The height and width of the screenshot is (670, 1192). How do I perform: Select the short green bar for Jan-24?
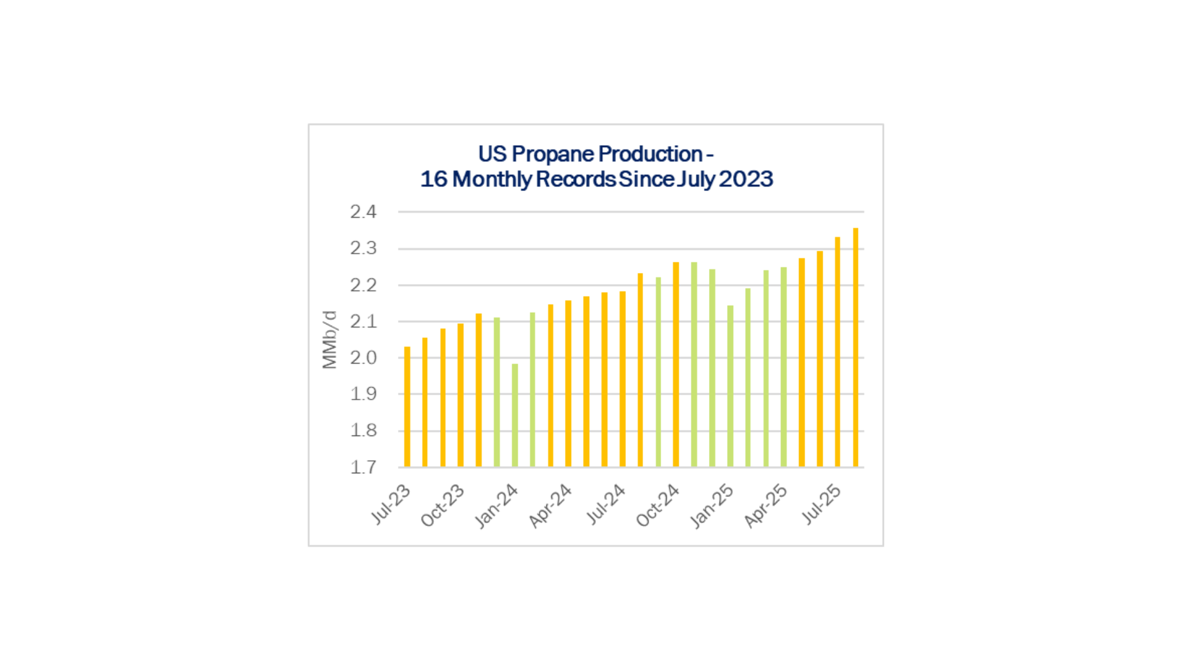tap(515, 415)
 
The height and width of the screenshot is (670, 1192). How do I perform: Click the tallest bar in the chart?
tap(856, 347)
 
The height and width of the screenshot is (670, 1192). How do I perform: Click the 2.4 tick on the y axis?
tap(363, 212)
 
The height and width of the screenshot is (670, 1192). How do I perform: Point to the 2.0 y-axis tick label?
tap(363, 358)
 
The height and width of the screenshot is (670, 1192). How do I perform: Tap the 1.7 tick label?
tap(363, 467)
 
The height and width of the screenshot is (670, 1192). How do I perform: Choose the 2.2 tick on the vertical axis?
tap(363, 285)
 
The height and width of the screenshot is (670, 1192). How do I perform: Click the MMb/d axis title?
tap(329, 340)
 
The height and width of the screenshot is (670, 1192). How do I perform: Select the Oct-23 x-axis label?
tap(443, 505)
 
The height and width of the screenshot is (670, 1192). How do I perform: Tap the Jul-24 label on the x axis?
tap(606, 504)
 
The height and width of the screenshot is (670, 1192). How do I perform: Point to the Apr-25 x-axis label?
tap(765, 506)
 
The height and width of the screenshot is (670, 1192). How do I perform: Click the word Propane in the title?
tap(553, 154)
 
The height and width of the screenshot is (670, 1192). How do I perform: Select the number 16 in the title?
tap(433, 179)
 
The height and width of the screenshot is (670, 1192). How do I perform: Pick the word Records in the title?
tap(576, 179)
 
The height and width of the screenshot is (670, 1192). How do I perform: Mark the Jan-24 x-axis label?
tap(496, 506)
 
